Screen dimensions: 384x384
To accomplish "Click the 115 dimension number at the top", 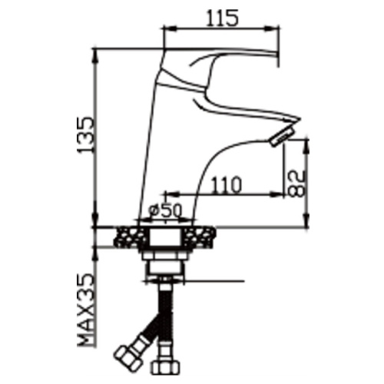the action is point(222,18).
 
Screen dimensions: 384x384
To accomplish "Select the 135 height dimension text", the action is point(85,135).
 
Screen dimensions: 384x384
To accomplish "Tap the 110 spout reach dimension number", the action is point(227,185).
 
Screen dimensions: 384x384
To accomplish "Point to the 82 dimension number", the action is point(296,184).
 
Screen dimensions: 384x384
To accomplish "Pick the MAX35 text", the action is point(85,310).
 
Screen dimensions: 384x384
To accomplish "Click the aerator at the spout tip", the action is point(282,137).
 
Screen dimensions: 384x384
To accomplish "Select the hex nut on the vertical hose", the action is point(167,367).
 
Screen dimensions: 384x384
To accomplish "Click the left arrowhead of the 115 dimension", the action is point(170,28).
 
